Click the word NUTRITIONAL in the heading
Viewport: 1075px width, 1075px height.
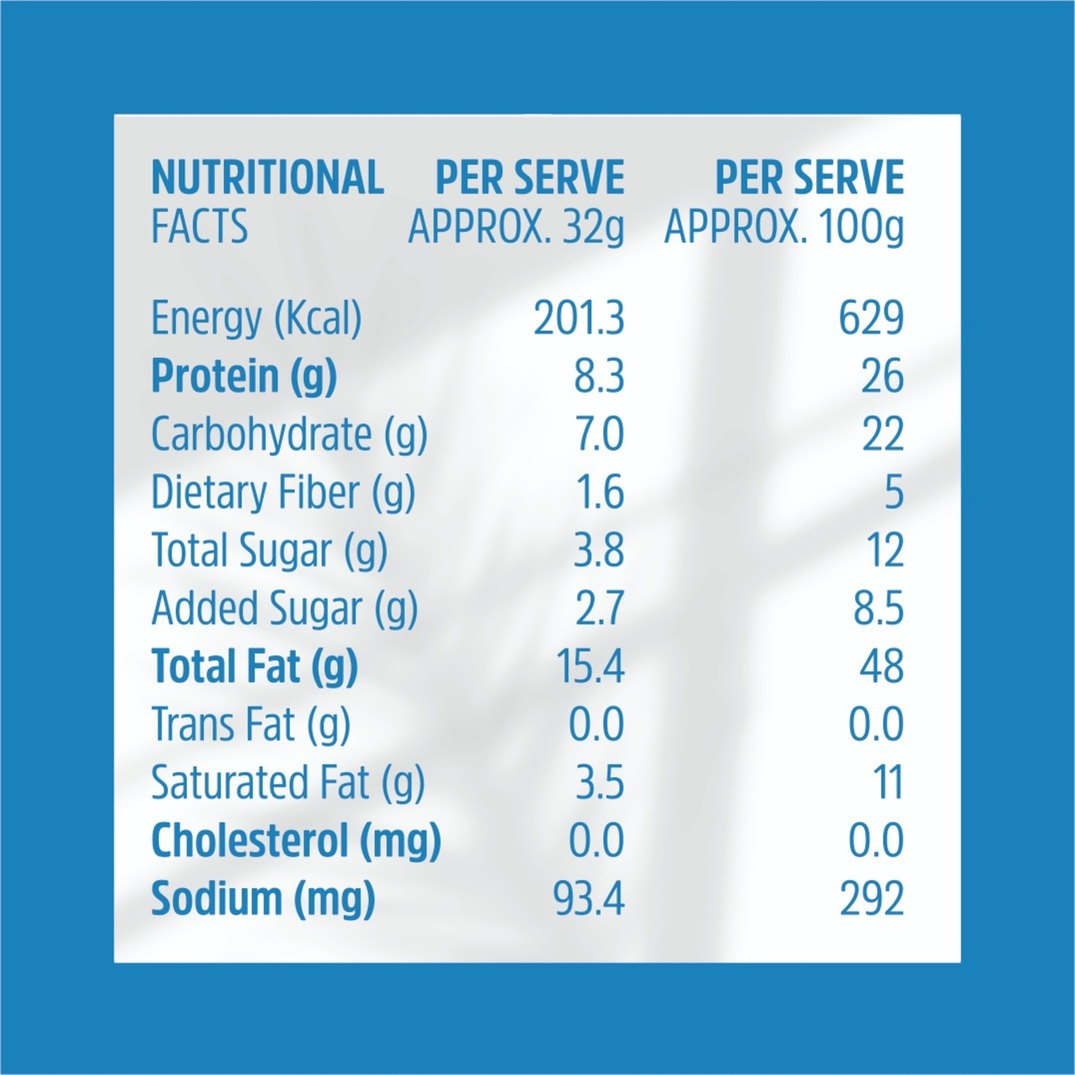(268, 177)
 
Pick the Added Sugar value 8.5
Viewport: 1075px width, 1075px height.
(878, 608)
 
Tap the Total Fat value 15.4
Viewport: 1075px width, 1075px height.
(590, 666)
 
